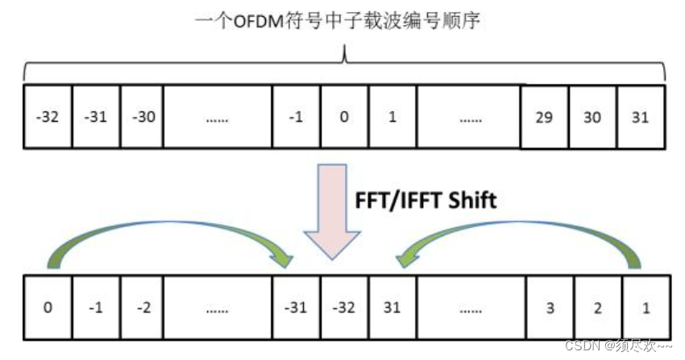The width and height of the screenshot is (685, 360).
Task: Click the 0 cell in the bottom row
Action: [48, 307]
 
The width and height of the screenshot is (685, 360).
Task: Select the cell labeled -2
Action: [145, 307]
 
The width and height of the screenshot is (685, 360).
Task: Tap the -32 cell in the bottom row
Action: [344, 307]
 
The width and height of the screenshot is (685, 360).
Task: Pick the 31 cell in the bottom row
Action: [392, 307]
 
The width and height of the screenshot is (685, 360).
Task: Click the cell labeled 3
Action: [549, 307]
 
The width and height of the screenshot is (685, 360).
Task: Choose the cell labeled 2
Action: [597, 307]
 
